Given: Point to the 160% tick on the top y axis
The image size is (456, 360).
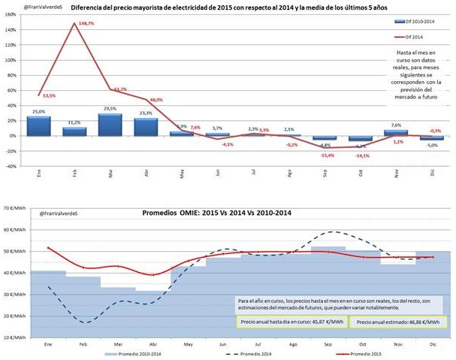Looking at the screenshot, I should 11,14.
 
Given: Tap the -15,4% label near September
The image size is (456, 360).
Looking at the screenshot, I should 326,155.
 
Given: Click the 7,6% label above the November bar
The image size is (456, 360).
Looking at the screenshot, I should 397,125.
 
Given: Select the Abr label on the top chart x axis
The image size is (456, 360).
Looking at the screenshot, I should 145,173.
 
